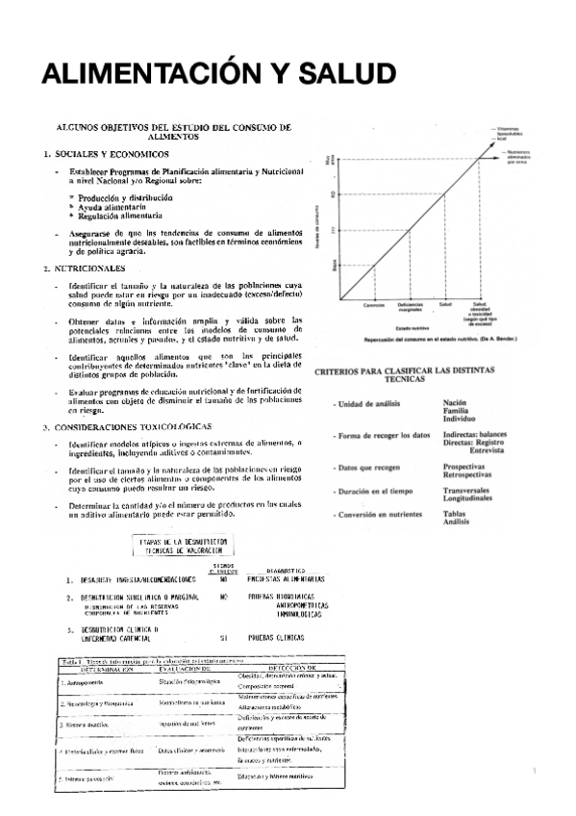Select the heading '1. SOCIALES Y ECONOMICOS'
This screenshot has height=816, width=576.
[107, 153]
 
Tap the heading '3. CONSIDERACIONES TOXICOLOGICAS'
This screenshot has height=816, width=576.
[120, 424]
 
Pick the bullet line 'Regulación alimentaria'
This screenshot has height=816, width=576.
[116, 216]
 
